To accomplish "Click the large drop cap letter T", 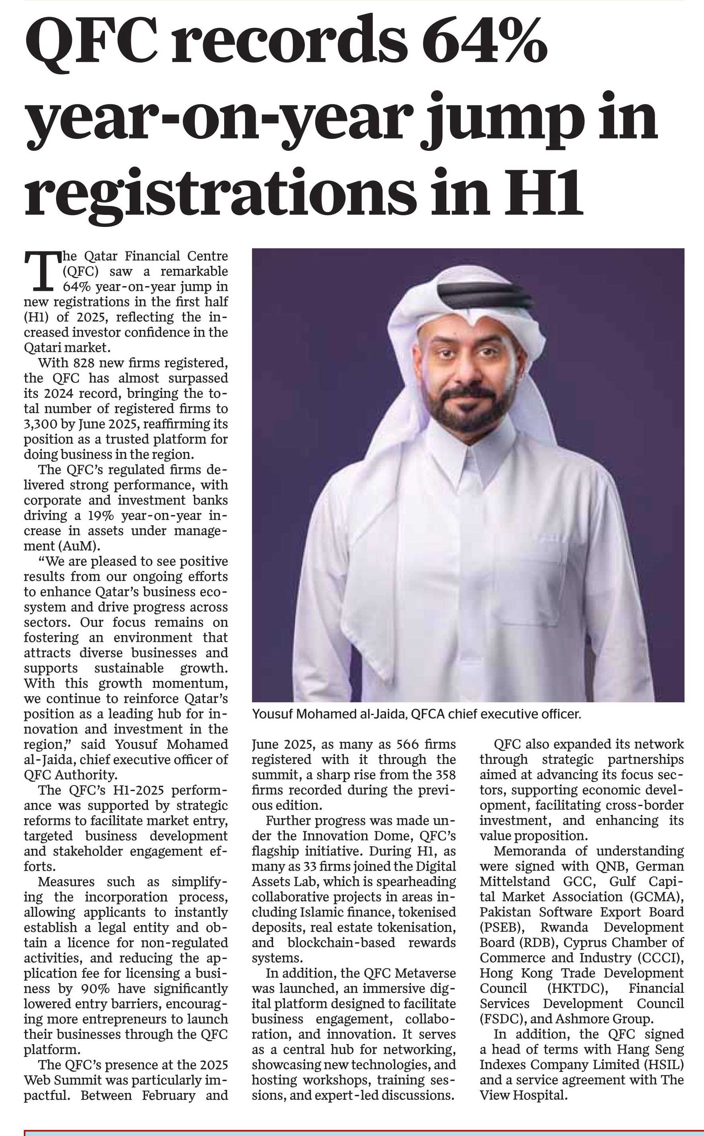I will [42, 270].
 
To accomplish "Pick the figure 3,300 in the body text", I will [41, 424].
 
